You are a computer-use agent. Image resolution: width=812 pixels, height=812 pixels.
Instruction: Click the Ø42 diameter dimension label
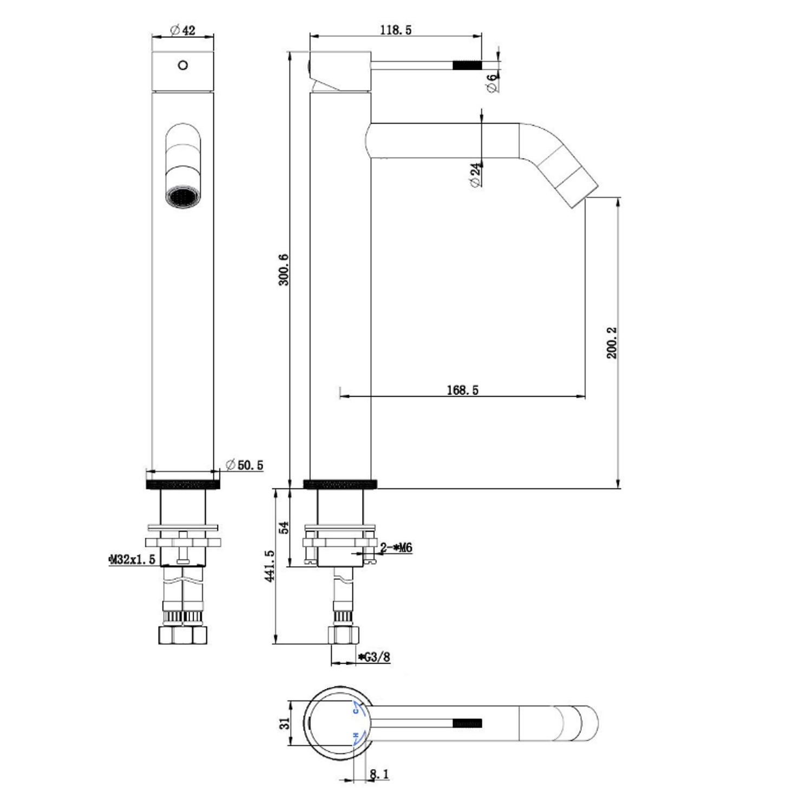(182, 30)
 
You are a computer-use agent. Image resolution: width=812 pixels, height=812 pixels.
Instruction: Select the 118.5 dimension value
(395, 30)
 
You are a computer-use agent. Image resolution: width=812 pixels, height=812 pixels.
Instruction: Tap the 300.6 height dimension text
(284, 270)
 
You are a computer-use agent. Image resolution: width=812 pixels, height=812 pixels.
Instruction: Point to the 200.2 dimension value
(612, 343)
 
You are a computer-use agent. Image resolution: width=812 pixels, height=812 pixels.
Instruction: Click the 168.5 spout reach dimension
(463, 390)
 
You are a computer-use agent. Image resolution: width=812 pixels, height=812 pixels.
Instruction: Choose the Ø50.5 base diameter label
(244, 465)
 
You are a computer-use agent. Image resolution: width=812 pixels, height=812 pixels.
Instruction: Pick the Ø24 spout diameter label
(476, 174)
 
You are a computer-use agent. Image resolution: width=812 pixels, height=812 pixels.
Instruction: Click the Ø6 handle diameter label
(492, 83)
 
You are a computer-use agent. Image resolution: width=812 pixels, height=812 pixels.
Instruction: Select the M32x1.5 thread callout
(132, 559)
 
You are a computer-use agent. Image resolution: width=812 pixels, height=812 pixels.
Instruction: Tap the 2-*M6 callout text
(396, 548)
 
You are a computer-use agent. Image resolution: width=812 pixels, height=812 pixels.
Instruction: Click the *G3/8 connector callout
(374, 657)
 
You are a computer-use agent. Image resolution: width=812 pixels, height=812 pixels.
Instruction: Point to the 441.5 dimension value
(270, 566)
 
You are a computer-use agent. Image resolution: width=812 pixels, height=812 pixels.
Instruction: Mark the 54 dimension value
(284, 528)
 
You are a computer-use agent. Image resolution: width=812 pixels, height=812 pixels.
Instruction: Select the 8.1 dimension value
(379, 775)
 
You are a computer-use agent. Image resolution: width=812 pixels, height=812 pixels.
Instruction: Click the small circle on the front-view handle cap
(183, 65)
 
